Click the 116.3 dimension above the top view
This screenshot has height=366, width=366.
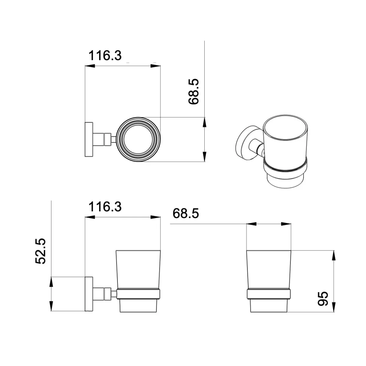[105, 56]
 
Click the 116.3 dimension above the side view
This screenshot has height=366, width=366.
[105, 207]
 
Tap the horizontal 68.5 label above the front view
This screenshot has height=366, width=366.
[185, 213]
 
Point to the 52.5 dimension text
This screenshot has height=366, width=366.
[41, 251]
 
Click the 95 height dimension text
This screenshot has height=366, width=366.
[322, 298]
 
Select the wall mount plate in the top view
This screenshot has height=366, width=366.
[89, 139]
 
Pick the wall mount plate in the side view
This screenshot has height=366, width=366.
[89, 294]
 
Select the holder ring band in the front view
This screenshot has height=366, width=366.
[269, 294]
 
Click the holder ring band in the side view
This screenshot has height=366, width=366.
[138, 294]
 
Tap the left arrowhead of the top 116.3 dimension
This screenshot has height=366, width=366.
[89, 66]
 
